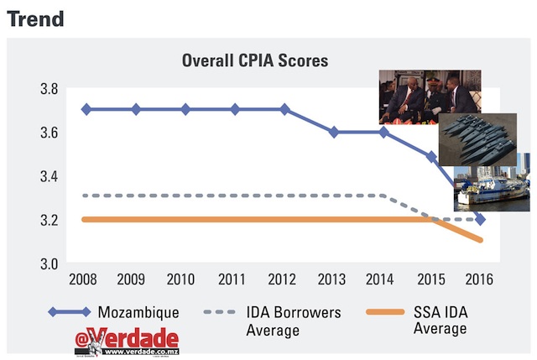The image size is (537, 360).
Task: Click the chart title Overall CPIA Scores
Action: point(255,61)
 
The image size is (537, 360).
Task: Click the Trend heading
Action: point(35,18)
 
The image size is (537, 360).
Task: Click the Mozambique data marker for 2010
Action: point(185,110)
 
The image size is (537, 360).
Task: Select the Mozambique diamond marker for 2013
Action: point(334,132)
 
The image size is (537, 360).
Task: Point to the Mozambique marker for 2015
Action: point(432,157)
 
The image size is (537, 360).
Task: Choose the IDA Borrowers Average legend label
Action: point(293,321)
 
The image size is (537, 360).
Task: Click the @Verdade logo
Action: point(126,340)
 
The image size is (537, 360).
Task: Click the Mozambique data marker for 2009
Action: point(136,110)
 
